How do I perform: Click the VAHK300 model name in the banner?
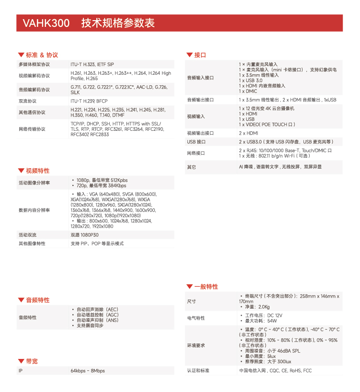(x=46, y=23)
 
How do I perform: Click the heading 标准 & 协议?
(x=42, y=55)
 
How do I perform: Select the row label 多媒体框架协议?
(x=34, y=64)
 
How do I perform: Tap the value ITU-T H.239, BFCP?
(x=89, y=101)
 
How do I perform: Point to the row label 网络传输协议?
(x=32, y=129)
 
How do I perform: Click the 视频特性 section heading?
(x=37, y=171)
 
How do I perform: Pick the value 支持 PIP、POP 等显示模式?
(x=97, y=243)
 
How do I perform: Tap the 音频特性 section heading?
(x=37, y=300)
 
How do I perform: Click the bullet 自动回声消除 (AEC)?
(x=97, y=310)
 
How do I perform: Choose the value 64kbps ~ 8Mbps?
(x=87, y=371)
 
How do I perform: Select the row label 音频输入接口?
(x=200, y=78)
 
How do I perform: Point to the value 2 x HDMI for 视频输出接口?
(x=248, y=133)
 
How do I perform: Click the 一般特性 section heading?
(x=206, y=287)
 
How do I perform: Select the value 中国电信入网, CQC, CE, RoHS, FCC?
(x=275, y=371)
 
